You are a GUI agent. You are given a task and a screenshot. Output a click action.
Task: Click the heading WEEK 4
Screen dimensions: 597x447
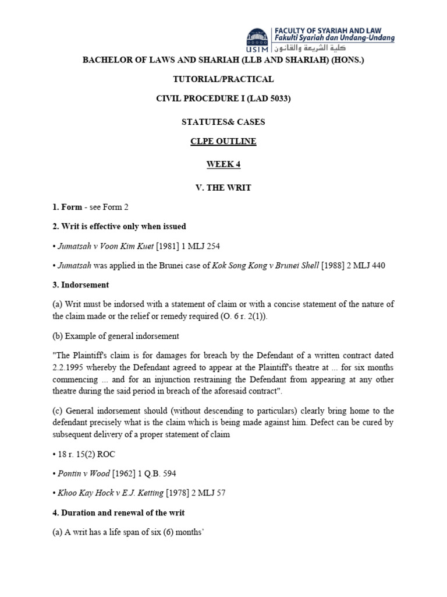(223, 164)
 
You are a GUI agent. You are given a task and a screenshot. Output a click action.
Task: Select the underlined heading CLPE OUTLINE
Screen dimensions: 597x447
(223, 141)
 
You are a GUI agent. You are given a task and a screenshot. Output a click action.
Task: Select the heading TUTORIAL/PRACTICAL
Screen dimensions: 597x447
(223, 79)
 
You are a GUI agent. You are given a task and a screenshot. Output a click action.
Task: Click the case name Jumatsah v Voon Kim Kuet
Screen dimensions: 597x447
(105, 247)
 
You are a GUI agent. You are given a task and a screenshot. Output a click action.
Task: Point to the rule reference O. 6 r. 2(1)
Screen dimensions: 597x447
(323, 315)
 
